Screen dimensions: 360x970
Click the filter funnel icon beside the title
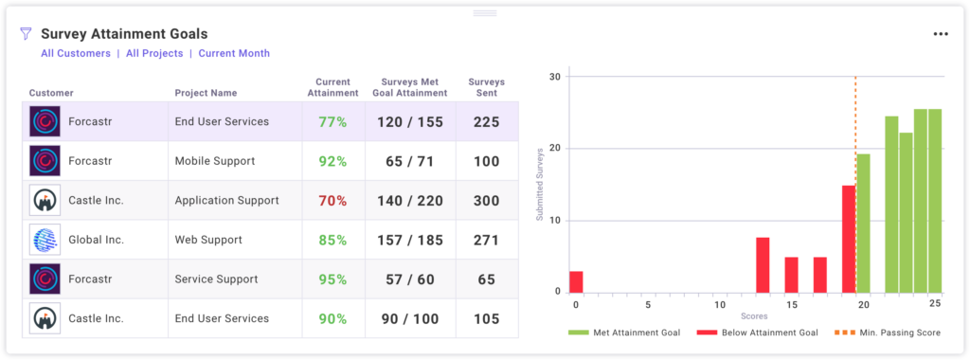pos(26,33)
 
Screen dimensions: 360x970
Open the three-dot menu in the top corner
pos(940,34)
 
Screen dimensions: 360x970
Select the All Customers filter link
pos(76,54)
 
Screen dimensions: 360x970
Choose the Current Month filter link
pos(234,54)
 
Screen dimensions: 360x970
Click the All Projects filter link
pos(154,54)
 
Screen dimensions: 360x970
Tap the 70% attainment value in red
pos(332,201)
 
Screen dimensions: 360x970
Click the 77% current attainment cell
pos(332,122)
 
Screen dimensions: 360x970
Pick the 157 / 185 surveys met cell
pos(409,241)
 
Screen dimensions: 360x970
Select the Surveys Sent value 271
pos(486,241)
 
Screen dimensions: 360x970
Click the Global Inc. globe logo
pos(45,240)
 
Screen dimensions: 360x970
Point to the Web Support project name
pos(213,241)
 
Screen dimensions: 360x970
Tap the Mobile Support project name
pos(214,161)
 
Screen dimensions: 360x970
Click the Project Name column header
pos(206,93)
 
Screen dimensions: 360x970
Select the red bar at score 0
pos(576,281)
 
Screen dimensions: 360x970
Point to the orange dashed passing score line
pos(855,142)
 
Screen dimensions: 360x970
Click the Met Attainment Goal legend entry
pos(617,333)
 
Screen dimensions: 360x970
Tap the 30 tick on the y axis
pos(555,77)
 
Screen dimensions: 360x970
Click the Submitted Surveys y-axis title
pos(540,185)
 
